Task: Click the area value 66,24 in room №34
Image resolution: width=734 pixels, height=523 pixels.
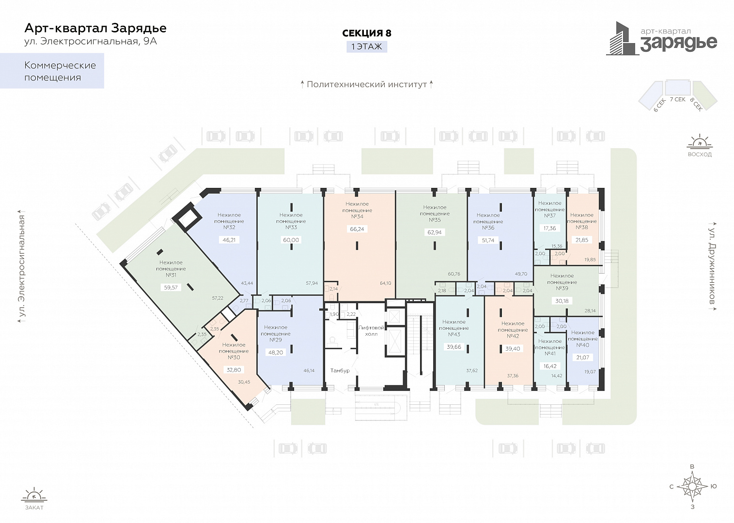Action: (357, 229)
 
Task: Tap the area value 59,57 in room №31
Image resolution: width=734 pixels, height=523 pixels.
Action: (171, 288)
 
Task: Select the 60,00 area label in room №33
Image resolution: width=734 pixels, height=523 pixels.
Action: (291, 240)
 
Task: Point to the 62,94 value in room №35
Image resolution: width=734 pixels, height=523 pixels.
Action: (435, 232)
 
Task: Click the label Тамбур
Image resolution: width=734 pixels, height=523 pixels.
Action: (340, 370)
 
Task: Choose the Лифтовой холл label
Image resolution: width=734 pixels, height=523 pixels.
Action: (371, 331)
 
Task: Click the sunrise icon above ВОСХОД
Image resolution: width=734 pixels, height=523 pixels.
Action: (700, 141)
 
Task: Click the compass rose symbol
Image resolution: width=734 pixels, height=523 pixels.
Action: (692, 487)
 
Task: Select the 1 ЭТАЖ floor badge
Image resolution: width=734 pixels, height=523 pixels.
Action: (367, 46)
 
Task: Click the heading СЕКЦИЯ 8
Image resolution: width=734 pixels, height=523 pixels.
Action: (367, 33)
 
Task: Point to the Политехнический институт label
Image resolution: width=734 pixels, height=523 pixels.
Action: (367, 84)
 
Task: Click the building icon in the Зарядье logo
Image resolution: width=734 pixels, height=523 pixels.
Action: (622, 38)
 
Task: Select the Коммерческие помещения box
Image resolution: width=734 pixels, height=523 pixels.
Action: (52, 71)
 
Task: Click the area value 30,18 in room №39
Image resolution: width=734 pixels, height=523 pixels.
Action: (562, 301)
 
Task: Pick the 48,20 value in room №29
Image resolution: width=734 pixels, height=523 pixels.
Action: (276, 353)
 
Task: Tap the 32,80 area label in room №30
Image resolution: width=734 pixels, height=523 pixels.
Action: (234, 370)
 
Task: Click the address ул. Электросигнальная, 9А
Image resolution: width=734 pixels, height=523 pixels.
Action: (91, 42)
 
